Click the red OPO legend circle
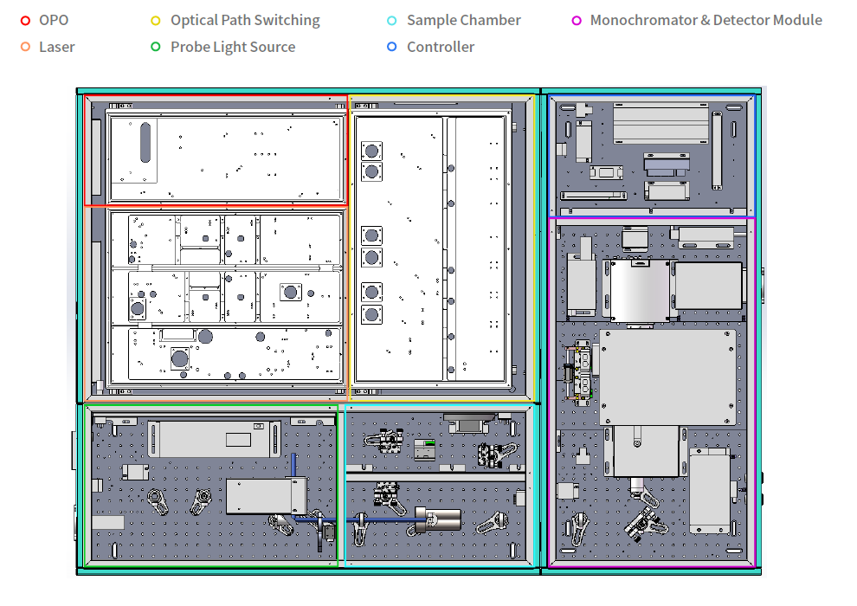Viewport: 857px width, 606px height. [25, 21]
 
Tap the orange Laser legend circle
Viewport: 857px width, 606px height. [25, 47]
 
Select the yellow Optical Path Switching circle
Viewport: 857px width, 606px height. [156, 21]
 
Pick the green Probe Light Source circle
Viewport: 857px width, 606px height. [156, 47]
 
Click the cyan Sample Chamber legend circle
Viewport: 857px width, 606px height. [392, 21]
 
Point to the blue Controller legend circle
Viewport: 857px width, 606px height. [392, 47]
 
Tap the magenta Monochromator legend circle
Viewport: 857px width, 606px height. [576, 21]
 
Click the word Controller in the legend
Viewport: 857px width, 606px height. [441, 47]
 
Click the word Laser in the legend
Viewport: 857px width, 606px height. [57, 47]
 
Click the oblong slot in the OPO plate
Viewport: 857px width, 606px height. [145, 143]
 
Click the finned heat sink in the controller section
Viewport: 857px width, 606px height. [660, 124]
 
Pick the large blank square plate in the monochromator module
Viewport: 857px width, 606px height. [667, 377]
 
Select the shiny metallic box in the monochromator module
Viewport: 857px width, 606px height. [640, 290]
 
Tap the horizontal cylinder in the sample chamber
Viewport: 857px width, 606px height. [438, 519]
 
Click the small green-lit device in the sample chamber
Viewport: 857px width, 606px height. [425, 449]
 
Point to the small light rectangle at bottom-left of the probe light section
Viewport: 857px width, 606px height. [107, 522]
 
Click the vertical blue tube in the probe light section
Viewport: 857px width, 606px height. [293, 465]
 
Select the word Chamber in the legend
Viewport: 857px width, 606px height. [492, 20]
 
